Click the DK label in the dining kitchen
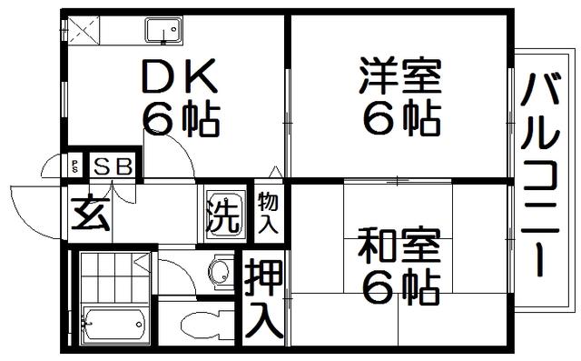[x=180, y=75]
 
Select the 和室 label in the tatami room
[x=399, y=246]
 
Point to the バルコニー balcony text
[x=539, y=175]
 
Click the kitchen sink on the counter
[x=163, y=30]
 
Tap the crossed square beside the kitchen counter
[x=84, y=30]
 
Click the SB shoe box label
[x=113, y=166]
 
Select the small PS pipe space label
[x=74, y=166]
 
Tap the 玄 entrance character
[x=91, y=213]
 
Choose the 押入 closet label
[x=264, y=298]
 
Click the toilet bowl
[x=207, y=326]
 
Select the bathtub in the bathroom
[x=114, y=324]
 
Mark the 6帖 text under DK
[x=181, y=118]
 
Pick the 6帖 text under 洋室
[x=401, y=117]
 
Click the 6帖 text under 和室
[x=401, y=286]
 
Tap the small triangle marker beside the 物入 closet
[x=275, y=172]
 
